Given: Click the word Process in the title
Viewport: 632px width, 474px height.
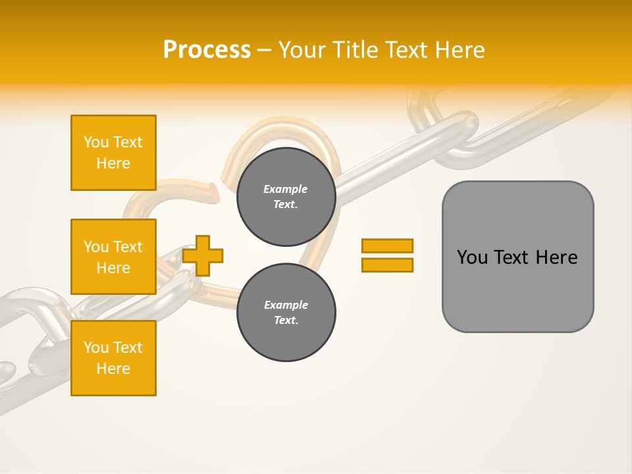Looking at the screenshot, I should point(207,50).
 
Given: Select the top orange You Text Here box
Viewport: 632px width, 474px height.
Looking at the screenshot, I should point(113,153).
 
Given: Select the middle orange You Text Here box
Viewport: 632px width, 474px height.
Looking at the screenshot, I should point(113,257).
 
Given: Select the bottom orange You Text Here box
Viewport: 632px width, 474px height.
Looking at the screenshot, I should point(113,358).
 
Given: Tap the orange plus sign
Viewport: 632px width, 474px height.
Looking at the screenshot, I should point(203,255).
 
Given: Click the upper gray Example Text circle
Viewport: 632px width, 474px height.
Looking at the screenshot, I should point(286,197).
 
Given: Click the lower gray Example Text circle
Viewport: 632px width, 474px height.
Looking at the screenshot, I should point(286,313).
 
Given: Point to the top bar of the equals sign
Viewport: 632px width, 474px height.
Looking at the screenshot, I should point(387,246).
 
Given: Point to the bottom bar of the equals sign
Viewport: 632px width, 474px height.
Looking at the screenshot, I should point(387,265).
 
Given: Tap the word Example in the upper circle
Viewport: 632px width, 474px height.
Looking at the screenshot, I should point(285,189).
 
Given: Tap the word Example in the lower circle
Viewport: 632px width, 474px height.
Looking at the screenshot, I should point(285,305).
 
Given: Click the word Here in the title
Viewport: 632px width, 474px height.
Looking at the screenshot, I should point(459,50).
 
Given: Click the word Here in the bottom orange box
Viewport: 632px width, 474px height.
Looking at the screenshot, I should point(113,369).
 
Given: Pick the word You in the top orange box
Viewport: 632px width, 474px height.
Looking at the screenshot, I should point(96,142).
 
